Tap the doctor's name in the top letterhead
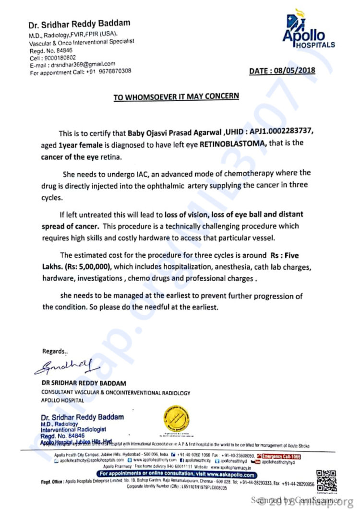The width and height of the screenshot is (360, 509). (x=79, y=24)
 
